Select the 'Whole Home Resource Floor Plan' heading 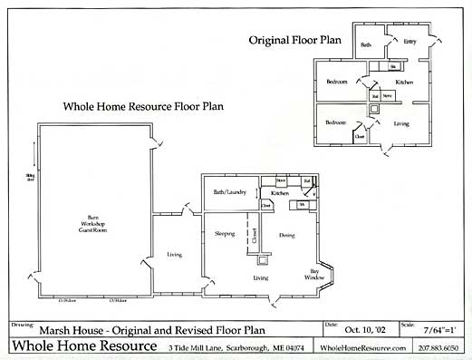143,106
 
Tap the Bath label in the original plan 366,44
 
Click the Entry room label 409,41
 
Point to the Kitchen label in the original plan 404,83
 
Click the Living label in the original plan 400,122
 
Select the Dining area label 286,235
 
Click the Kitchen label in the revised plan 280,193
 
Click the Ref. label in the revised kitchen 307,180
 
